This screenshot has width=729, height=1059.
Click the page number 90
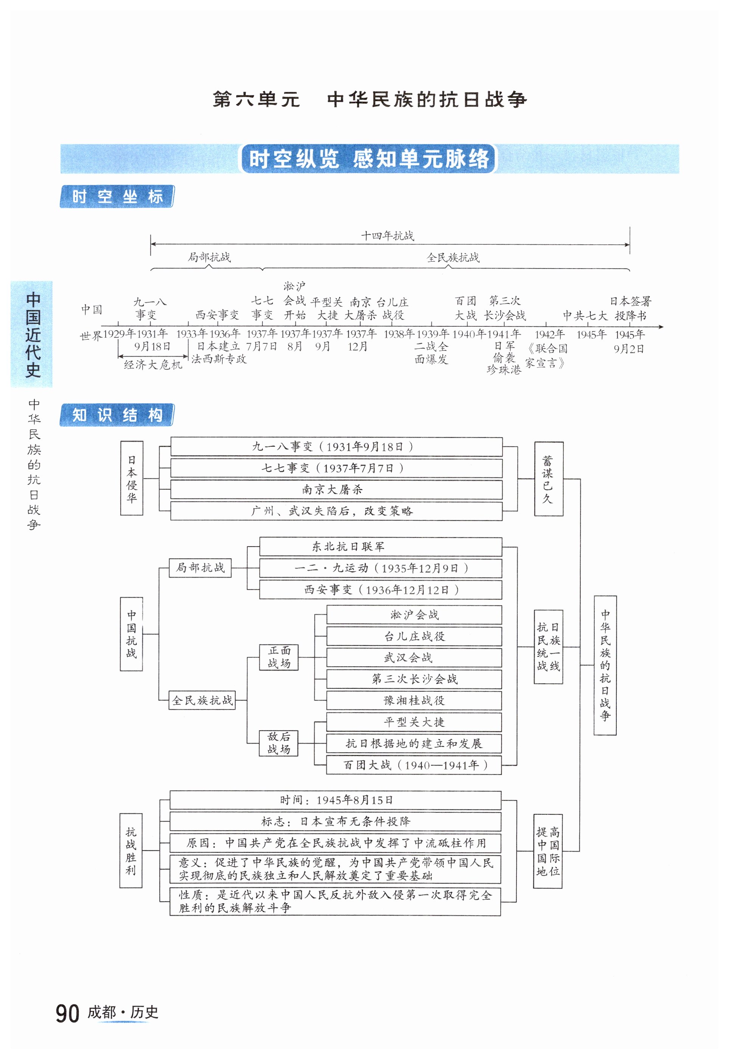coord(68,1013)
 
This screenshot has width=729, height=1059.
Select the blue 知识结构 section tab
coord(117,415)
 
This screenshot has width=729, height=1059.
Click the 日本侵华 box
coord(132,478)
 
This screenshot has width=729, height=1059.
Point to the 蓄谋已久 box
coord(548,478)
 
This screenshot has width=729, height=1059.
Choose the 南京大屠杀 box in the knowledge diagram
coord(336,489)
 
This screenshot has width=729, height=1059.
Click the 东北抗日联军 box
coord(380,547)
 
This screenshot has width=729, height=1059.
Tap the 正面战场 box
coord(279,657)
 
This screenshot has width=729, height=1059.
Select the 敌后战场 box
coord(279,743)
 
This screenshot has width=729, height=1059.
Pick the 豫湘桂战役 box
coord(414,700)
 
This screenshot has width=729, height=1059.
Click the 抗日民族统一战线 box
coord(548,646)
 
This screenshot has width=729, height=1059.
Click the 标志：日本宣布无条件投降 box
coord(335,821)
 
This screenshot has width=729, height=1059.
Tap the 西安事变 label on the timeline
coord(217,315)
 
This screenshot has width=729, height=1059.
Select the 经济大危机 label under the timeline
coord(153,365)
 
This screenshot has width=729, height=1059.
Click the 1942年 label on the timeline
coord(549,334)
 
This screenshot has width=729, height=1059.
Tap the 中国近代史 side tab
coord(32,334)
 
